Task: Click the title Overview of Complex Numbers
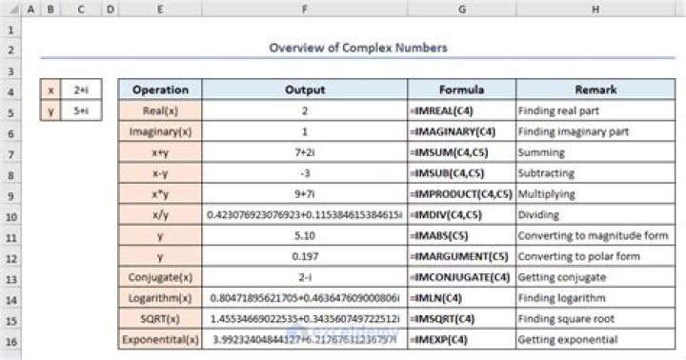(357, 48)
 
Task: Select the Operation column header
(160, 90)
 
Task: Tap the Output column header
(305, 90)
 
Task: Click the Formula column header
(460, 90)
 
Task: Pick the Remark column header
(595, 90)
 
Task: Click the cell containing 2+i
(81, 90)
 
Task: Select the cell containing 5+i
(81, 110)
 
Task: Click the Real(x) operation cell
(160, 110)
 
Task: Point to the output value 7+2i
(305, 152)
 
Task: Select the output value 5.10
(305, 235)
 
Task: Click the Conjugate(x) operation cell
(160, 277)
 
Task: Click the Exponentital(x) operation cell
(160, 339)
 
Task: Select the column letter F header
(305, 10)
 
